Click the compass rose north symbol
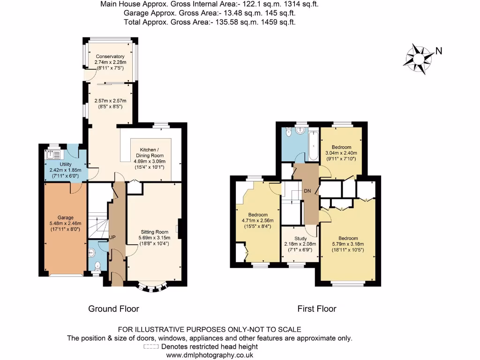(419, 59)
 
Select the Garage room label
(66, 217)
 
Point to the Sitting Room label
(154, 232)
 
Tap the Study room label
(300, 238)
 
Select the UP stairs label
(112, 238)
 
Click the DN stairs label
(307, 190)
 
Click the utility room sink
(52, 154)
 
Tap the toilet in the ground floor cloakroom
(97, 266)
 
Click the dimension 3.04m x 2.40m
(341, 153)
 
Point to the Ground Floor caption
(114, 309)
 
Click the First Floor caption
(317, 309)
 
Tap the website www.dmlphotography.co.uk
(210, 355)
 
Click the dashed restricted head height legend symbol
(151, 347)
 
